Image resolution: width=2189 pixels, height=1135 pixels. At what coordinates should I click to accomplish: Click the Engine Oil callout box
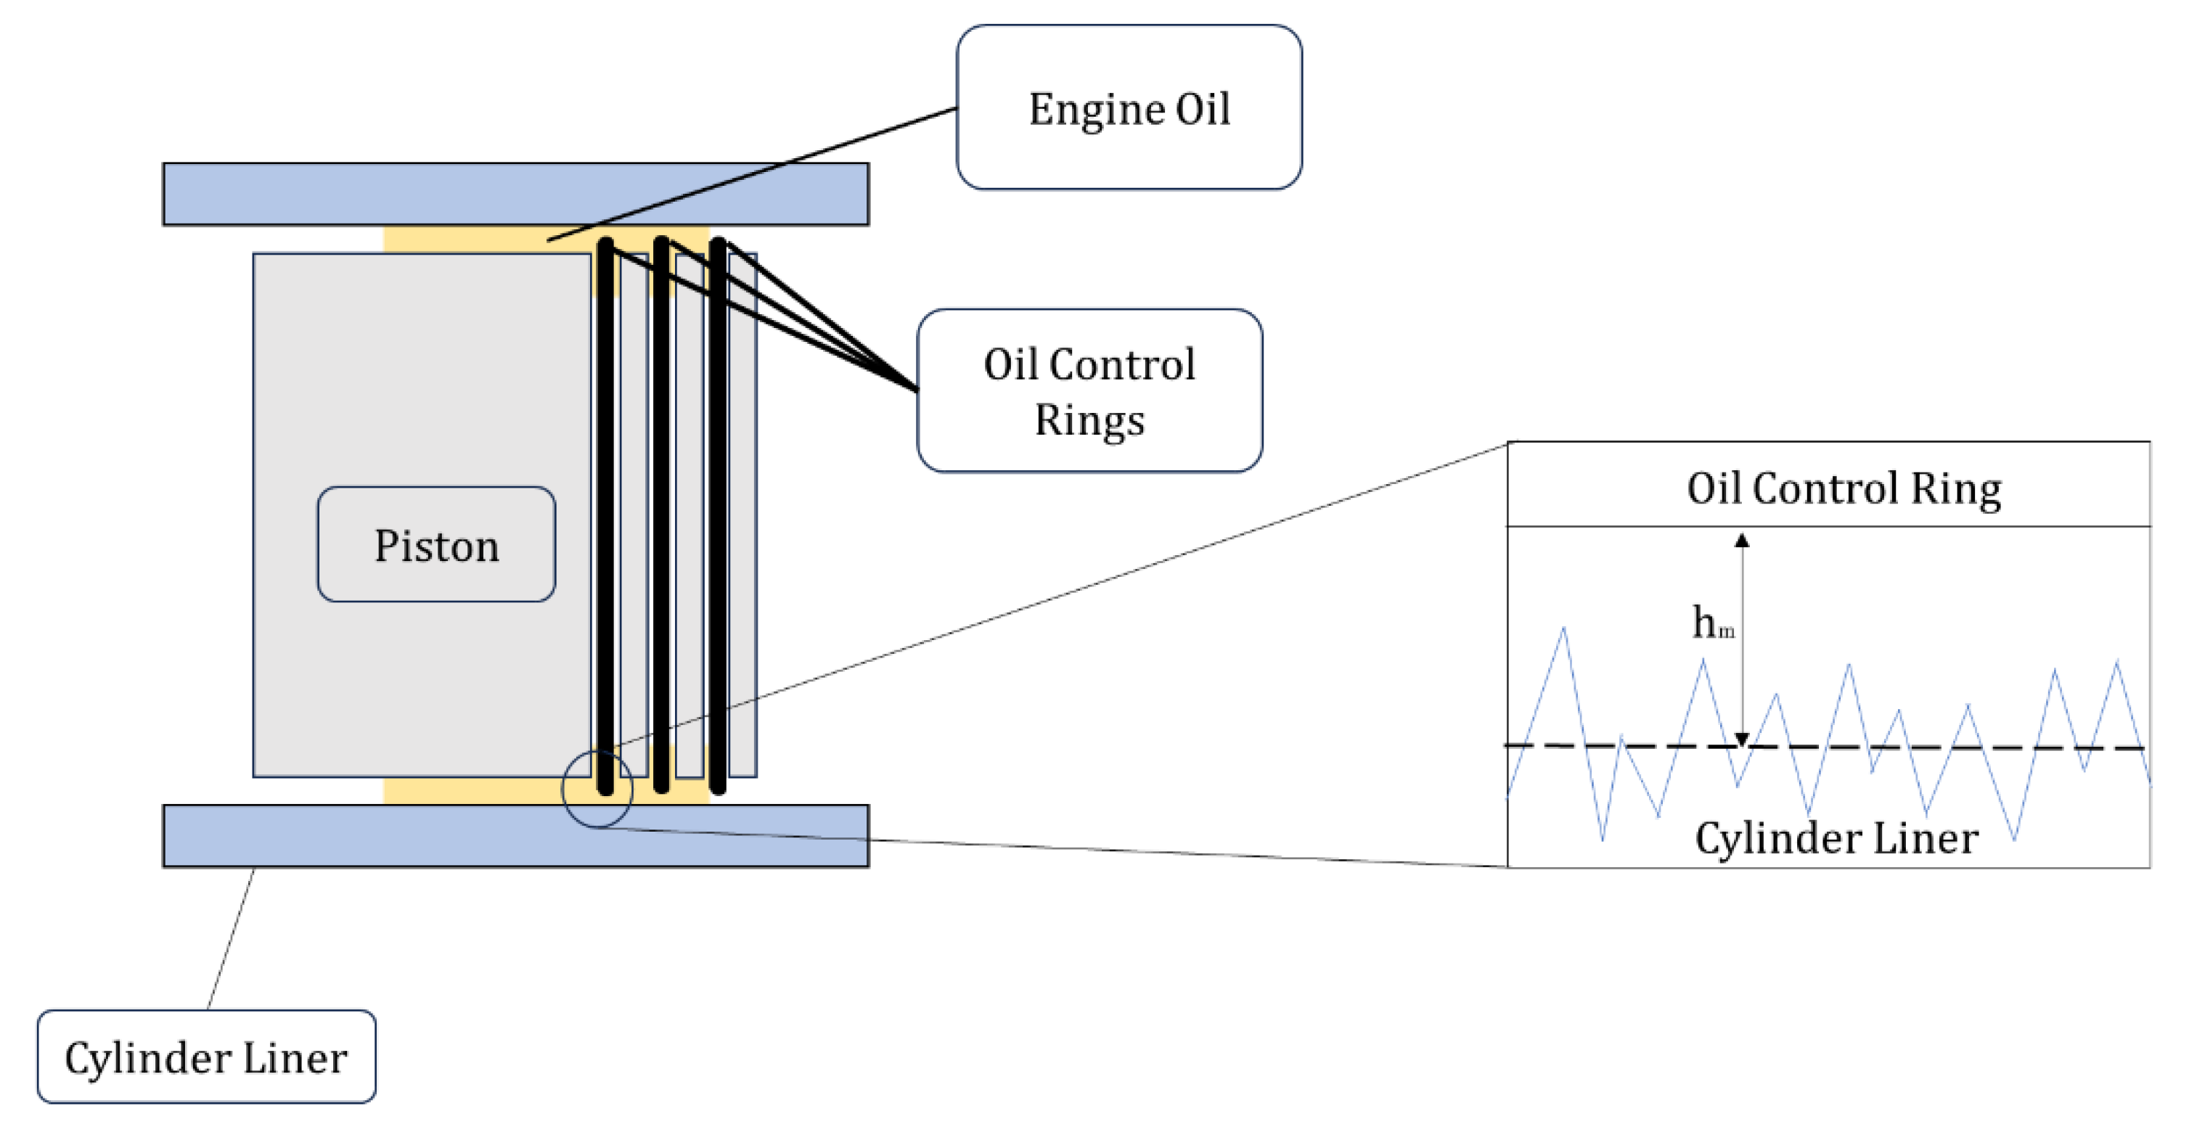coord(1129,107)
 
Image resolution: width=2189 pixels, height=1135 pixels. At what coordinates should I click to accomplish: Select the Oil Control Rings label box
coord(1089,391)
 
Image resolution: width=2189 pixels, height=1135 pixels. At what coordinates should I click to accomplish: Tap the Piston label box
coord(436,544)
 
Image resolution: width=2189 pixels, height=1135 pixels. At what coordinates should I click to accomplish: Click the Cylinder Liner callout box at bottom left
coord(207,1057)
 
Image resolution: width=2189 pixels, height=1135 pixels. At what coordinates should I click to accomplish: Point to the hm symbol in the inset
coord(1711,623)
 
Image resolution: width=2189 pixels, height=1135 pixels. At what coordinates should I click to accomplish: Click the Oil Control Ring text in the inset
coord(1843,488)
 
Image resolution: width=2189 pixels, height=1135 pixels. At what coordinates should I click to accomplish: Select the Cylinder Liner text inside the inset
coord(1836,838)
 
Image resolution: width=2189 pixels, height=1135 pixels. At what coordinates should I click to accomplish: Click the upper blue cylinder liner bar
coord(515,194)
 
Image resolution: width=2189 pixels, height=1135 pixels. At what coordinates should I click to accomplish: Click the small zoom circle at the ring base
coord(597,790)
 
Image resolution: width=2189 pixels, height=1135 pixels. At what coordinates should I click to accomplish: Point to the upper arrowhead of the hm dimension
coord(1742,541)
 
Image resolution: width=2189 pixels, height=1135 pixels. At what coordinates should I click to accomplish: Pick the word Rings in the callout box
coord(1089,419)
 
